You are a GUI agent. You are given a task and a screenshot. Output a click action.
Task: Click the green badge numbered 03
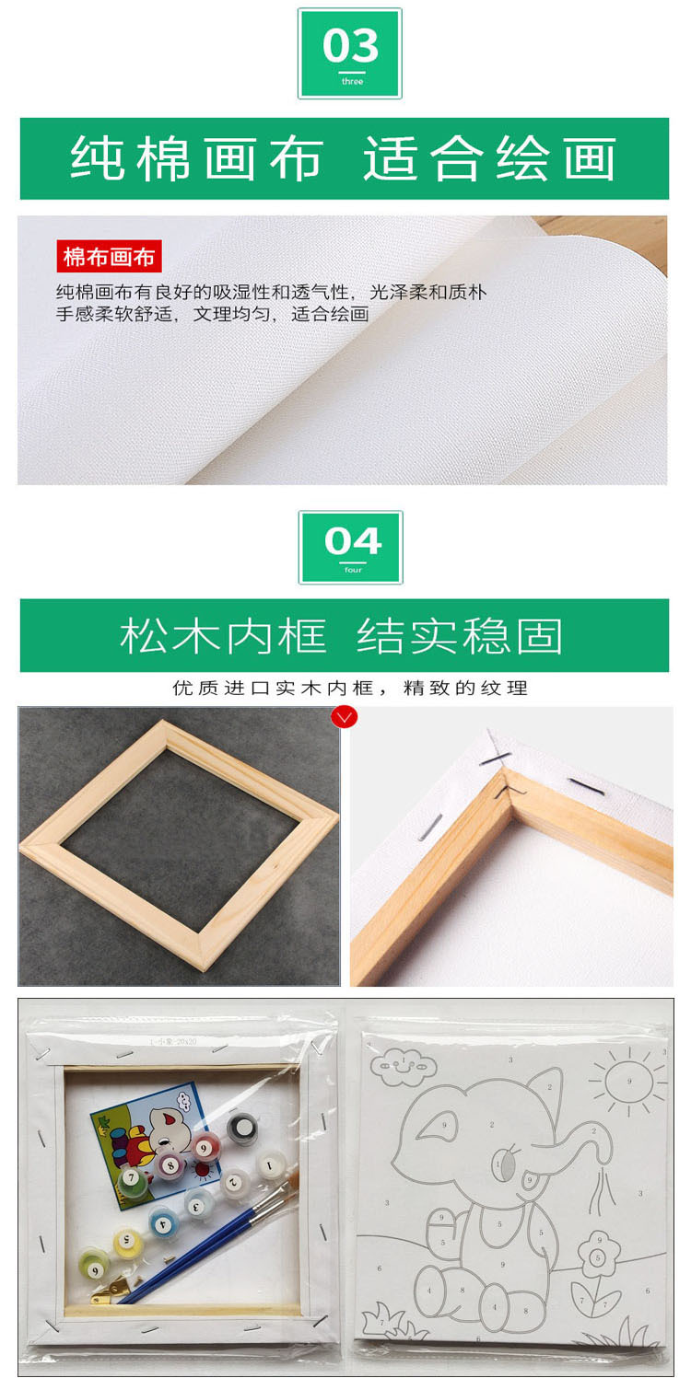[x=350, y=53]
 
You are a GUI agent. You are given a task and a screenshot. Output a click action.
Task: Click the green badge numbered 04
[x=350, y=548]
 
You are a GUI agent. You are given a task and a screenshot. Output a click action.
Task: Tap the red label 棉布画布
[x=109, y=257]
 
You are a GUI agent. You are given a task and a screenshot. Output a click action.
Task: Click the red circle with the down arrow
[x=344, y=717]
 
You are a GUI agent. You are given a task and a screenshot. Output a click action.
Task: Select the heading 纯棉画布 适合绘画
[x=344, y=158]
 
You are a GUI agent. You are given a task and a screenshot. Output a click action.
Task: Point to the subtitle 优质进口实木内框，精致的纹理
[x=350, y=688]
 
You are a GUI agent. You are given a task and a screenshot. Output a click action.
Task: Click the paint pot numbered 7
[x=131, y=1177]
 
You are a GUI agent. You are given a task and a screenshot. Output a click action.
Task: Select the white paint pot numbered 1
[x=270, y=1166]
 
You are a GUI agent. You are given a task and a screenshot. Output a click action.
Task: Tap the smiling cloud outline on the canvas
[x=403, y=1065]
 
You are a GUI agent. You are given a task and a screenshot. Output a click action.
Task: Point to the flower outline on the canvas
[x=598, y=1257]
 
